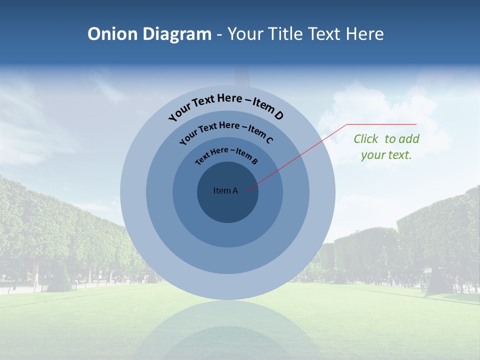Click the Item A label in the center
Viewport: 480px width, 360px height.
coord(225,190)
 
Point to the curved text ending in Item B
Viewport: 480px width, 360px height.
coord(226,154)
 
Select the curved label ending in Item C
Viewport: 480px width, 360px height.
coord(226,131)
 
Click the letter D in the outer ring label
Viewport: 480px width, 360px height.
coord(278,115)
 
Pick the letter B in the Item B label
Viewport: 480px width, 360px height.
coord(254,161)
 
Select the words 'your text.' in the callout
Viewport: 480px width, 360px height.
coord(386,155)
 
